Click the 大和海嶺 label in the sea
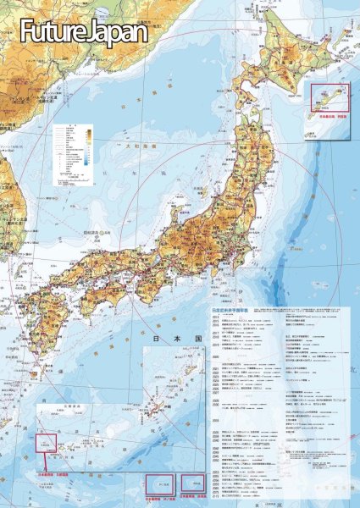(127, 146)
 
